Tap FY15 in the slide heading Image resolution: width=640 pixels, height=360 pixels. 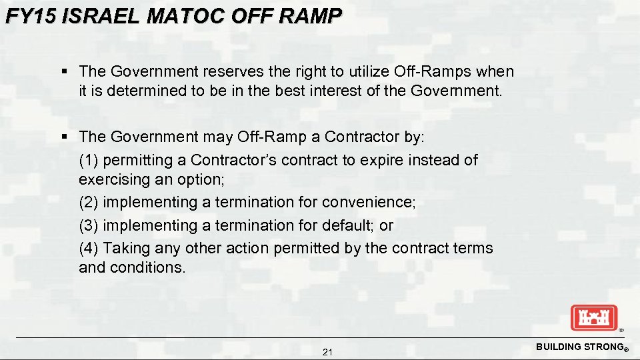[x=31, y=16]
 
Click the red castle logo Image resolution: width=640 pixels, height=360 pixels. [x=594, y=317]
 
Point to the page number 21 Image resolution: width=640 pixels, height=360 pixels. [x=327, y=352]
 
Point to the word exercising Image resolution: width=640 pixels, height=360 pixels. [x=111, y=179]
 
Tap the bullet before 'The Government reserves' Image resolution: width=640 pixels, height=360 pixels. [x=65, y=71]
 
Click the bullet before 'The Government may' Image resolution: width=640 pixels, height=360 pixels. [x=65, y=137]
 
